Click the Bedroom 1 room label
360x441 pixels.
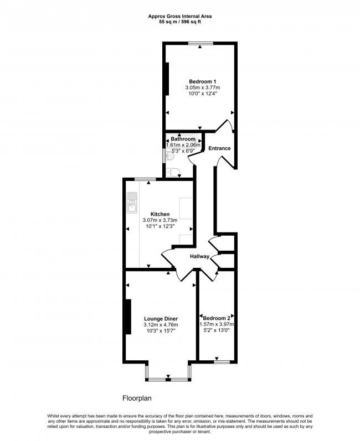[x=202, y=81]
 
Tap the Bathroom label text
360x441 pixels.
[x=183, y=139]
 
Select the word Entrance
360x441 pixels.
[x=219, y=148]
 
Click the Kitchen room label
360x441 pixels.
[x=160, y=214]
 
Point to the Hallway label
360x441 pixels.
[x=199, y=256]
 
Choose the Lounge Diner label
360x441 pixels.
[x=161, y=319]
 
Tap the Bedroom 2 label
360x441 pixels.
[x=217, y=318]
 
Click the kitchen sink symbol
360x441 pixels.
[x=131, y=203]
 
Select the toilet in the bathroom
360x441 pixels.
[x=173, y=172]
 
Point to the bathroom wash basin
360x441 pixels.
[x=170, y=155]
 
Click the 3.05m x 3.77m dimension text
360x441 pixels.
[x=202, y=87]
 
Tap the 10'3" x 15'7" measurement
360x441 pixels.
[x=161, y=330]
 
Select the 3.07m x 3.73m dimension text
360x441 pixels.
[x=160, y=220]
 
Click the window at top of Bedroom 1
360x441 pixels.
[x=200, y=43]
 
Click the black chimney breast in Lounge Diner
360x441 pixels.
[x=128, y=317]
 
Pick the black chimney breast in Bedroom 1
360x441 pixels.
[x=167, y=79]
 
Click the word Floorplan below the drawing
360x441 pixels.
[x=137, y=398]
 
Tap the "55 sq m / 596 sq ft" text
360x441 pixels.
[x=180, y=22]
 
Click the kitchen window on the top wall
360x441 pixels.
[x=145, y=179]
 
